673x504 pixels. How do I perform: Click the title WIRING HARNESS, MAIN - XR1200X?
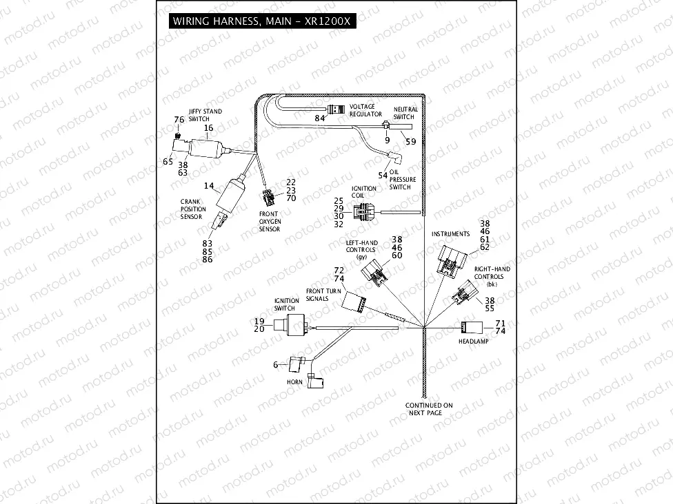tap(261, 21)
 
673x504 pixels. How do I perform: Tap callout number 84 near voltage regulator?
tap(319, 118)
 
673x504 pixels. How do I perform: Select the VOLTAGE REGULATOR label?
tap(365, 110)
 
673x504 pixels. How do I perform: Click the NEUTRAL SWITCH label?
tap(405, 113)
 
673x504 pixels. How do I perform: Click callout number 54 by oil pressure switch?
tap(382, 176)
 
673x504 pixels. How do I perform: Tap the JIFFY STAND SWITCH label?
tap(200, 115)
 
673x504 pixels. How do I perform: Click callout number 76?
tap(179, 120)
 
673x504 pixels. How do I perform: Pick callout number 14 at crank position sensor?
tap(210, 186)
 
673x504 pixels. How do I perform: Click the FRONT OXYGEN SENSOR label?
tap(269, 222)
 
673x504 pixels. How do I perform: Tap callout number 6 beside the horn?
tap(276, 364)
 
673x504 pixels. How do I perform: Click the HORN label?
tap(294, 381)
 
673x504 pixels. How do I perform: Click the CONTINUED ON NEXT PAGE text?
tap(428, 409)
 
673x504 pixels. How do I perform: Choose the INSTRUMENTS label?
tap(450, 234)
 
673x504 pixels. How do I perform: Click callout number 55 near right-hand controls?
tap(490, 310)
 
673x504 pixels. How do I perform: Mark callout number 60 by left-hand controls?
tap(396, 255)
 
